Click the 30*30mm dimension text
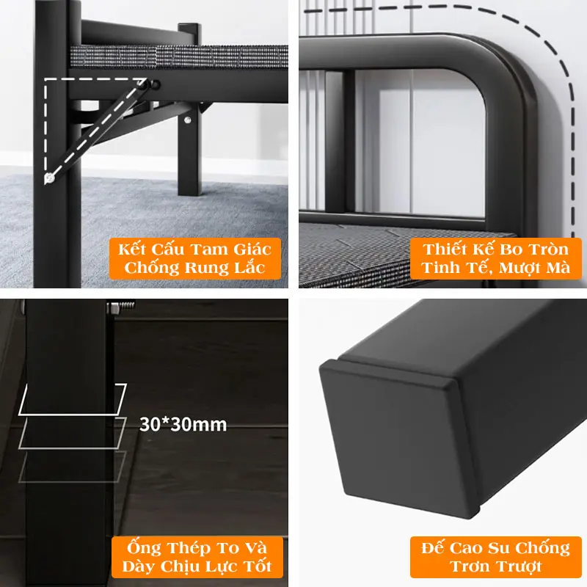pyautogui.click(x=183, y=425)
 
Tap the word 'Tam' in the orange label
pyautogui.click(x=206, y=249)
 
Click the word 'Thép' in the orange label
pyautogui.click(x=190, y=547)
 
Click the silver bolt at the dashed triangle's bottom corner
pyautogui.click(x=49, y=178)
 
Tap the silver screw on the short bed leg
pyautogui.click(x=188, y=120)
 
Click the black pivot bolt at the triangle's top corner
pyautogui.click(x=156, y=84)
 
